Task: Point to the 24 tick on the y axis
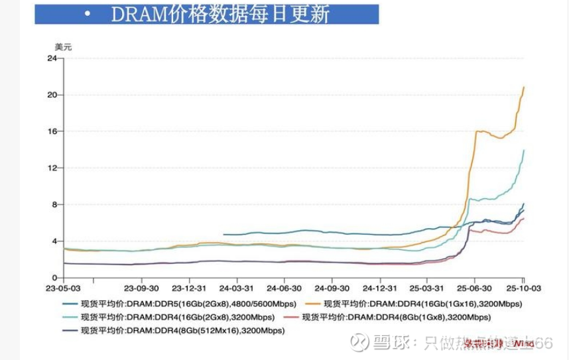[x=50, y=58]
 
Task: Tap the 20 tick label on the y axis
[x=50, y=95]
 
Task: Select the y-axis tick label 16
[x=50, y=131]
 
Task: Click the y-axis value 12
[x=50, y=168]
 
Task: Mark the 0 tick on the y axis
[x=53, y=278]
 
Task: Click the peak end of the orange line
[x=524, y=87]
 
